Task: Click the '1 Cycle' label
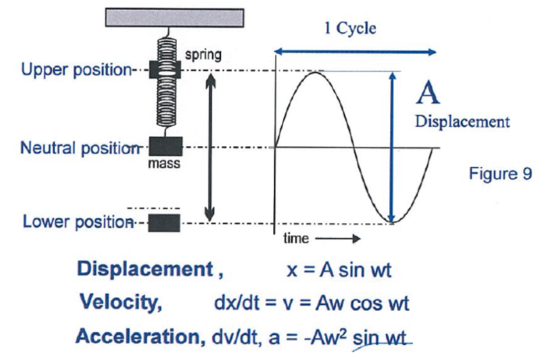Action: (349, 29)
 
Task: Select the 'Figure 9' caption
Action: (500, 174)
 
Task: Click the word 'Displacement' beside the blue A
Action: (462, 121)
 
